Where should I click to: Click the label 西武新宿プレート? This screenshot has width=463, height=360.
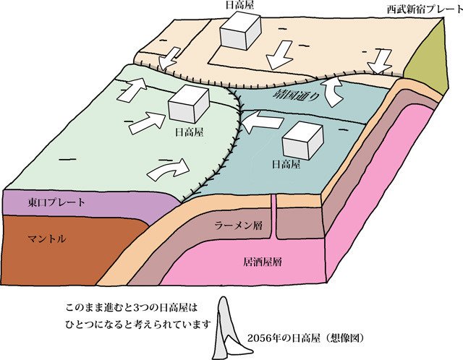click(x=421, y=10)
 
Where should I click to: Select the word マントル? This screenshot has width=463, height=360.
click(x=46, y=238)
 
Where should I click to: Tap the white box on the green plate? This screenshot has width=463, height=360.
click(x=189, y=105)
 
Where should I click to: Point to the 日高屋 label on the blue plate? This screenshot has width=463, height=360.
click(x=285, y=166)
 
